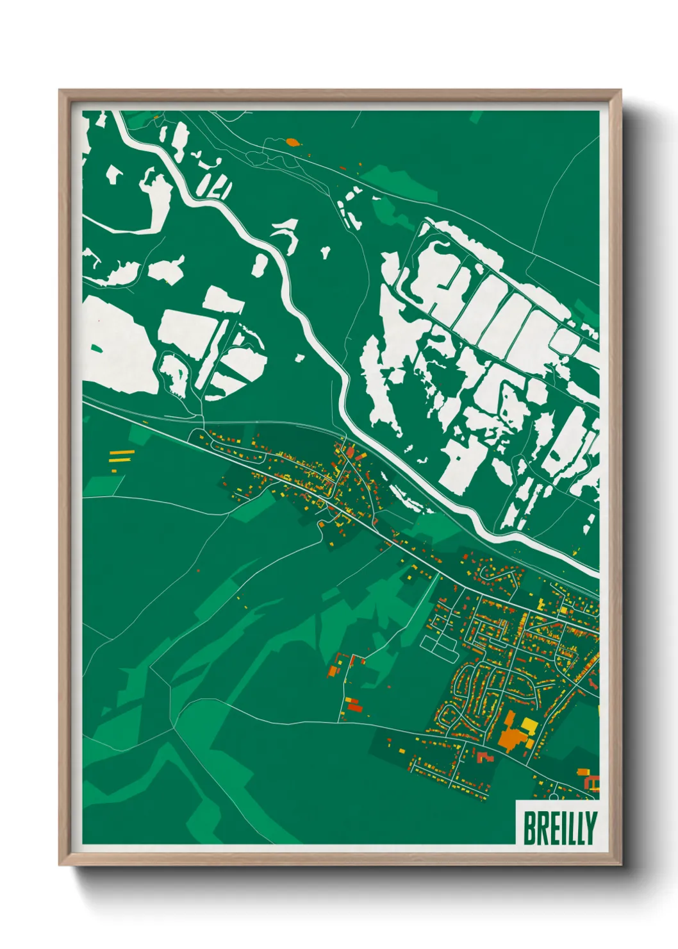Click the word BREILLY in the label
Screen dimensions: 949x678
pyautogui.click(x=559, y=828)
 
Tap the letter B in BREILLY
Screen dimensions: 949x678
pyautogui.click(x=530, y=828)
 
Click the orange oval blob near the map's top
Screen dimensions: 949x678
pyautogui.click(x=292, y=142)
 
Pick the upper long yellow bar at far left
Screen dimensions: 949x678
pyautogui.click(x=122, y=453)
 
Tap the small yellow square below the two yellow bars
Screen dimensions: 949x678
pyautogui.click(x=114, y=471)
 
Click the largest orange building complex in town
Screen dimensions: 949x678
pyautogui.click(x=511, y=738)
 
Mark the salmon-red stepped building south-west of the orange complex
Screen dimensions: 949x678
pyautogui.click(x=484, y=757)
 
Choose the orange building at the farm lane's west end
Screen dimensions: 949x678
pyautogui.click(x=333, y=671)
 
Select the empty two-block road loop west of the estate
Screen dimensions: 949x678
pyautogui.click(x=440, y=646)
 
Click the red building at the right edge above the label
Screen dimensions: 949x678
pyautogui.click(x=593, y=783)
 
